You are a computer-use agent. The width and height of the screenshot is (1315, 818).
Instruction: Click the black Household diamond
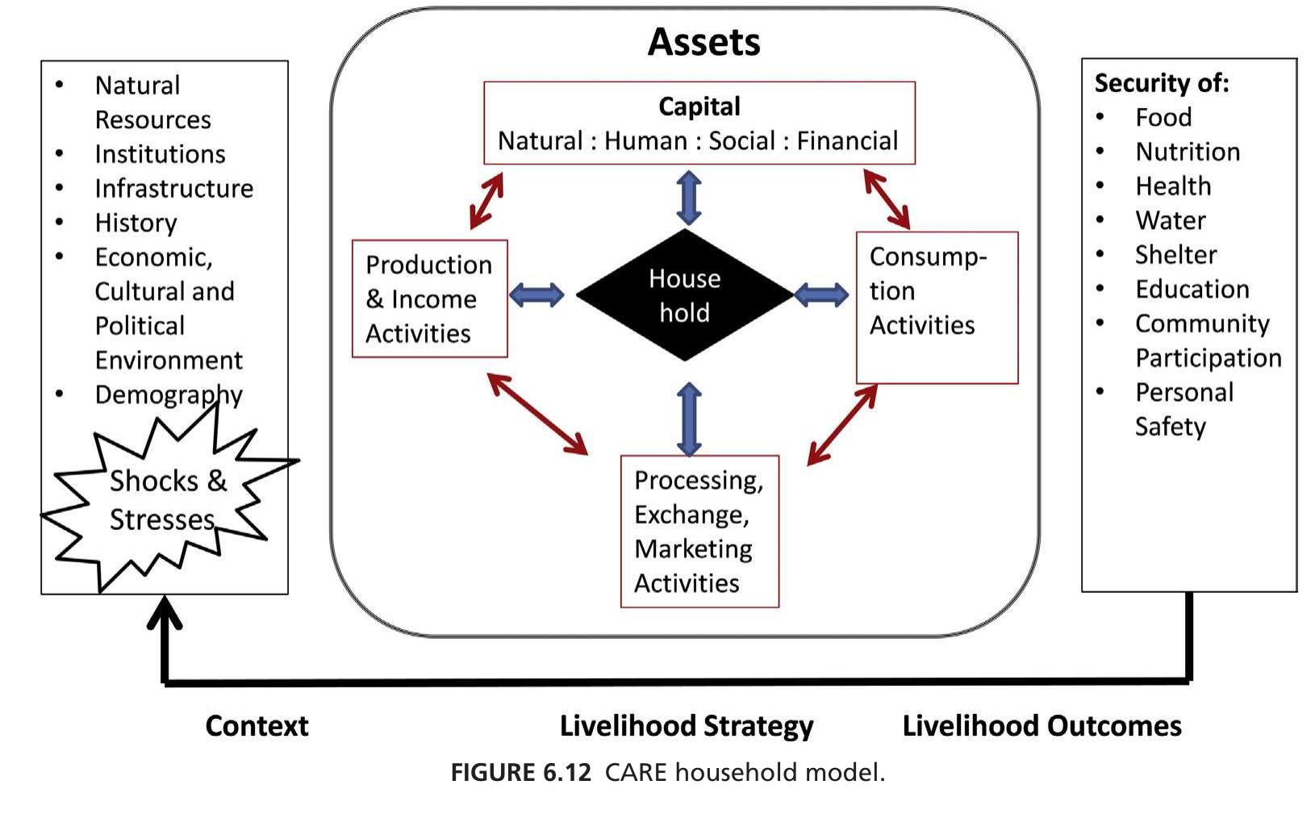click(685, 295)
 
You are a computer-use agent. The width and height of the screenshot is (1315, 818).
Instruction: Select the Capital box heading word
click(699, 106)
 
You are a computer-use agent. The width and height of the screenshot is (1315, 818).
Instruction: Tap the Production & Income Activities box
click(429, 298)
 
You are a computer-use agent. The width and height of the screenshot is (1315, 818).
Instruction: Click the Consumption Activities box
click(936, 307)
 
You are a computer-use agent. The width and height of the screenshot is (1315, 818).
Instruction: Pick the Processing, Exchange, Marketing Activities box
click(699, 531)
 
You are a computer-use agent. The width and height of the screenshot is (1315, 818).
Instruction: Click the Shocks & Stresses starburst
click(165, 500)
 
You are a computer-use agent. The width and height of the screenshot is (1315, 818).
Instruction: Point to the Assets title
click(703, 42)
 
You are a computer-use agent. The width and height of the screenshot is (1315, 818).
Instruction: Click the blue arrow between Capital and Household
click(689, 198)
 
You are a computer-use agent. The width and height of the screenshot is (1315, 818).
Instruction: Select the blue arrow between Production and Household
click(537, 295)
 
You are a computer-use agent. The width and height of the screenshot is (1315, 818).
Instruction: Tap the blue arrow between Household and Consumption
click(821, 295)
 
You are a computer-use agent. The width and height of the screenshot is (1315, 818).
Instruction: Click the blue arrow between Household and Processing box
click(689, 419)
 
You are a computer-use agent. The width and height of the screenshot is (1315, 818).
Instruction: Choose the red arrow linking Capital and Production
click(486, 200)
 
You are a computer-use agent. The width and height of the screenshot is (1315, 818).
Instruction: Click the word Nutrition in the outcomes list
click(1187, 152)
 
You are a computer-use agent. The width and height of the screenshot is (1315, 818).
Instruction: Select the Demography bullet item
click(168, 394)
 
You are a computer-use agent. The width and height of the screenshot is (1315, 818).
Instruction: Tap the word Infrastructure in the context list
click(173, 188)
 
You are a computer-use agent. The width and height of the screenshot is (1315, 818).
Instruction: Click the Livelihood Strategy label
click(687, 725)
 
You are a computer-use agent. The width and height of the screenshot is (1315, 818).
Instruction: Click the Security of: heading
click(1161, 83)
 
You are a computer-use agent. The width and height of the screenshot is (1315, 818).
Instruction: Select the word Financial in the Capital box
click(847, 141)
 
